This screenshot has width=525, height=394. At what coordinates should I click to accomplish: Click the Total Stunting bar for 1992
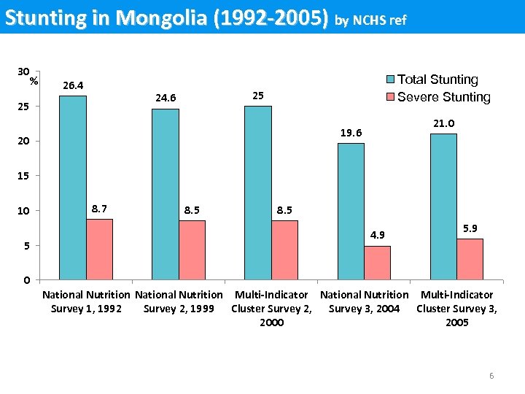[73, 188]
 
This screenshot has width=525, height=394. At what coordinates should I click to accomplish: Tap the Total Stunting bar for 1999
[166, 194]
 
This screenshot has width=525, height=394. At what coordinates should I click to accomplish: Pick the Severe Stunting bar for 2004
[377, 263]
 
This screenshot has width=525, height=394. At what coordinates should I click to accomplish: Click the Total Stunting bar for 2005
[443, 206]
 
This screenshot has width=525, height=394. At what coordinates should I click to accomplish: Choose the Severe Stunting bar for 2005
[470, 259]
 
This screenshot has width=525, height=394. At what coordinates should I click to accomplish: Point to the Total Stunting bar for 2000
[258, 193]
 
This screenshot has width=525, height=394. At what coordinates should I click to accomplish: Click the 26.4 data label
[73, 86]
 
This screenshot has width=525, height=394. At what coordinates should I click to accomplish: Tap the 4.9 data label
[378, 236]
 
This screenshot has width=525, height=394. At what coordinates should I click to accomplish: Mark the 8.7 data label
[100, 209]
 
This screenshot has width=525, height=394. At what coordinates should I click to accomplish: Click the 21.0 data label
[444, 124]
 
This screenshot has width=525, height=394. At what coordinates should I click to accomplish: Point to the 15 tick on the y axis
[25, 176]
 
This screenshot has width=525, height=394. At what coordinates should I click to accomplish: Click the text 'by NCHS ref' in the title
[370, 20]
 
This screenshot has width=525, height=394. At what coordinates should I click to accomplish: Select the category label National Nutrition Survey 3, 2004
[365, 301]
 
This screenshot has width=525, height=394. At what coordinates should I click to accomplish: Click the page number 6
[491, 376]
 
